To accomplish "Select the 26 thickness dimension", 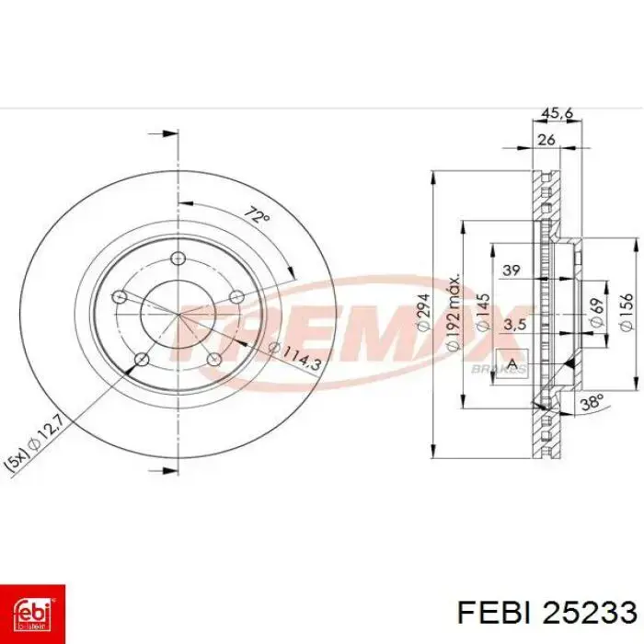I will click(x=546, y=141).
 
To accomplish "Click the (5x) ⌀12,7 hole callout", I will click(x=33, y=445).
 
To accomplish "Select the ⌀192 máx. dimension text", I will click(x=452, y=313).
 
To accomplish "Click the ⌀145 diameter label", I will click(x=482, y=313).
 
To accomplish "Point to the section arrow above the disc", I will click(x=169, y=134).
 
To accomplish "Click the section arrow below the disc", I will click(x=169, y=472).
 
